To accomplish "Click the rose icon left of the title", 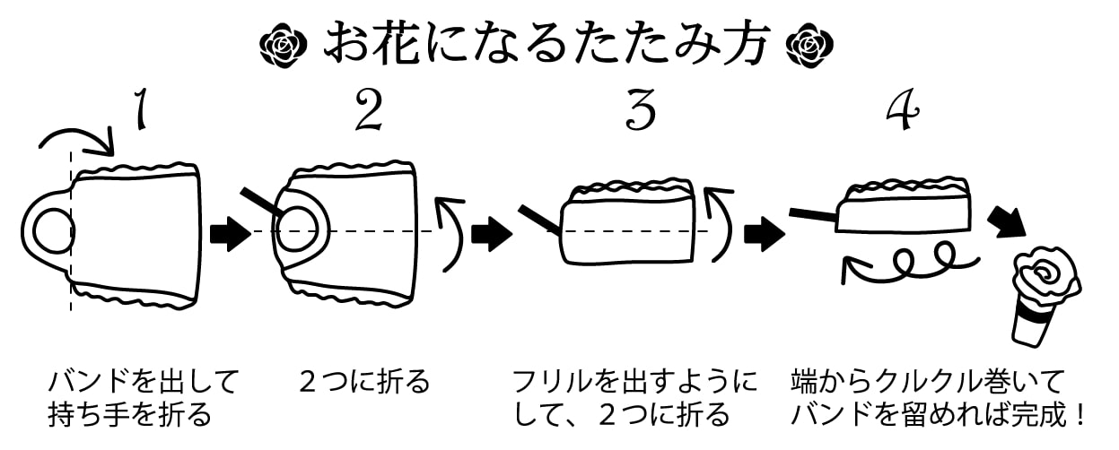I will point(284,44).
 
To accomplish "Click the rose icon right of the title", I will point(810,44).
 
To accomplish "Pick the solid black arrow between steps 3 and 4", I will point(765,235).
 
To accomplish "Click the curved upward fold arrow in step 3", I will point(718,224).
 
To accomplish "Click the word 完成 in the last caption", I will point(1042,415).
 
